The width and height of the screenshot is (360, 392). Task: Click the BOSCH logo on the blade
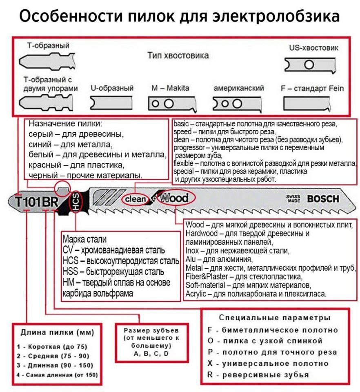[323, 199]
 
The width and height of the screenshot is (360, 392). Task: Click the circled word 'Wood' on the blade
[174, 198]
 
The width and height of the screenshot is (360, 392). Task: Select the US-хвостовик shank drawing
[310, 65]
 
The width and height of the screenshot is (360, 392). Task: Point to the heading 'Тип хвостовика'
[178, 56]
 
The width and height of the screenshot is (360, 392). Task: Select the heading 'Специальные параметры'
[274, 318]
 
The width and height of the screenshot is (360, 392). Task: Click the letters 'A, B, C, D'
[151, 354]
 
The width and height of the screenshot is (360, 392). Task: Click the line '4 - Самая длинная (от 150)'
[57, 374]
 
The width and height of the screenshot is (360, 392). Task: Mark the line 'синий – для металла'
[70, 145]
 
